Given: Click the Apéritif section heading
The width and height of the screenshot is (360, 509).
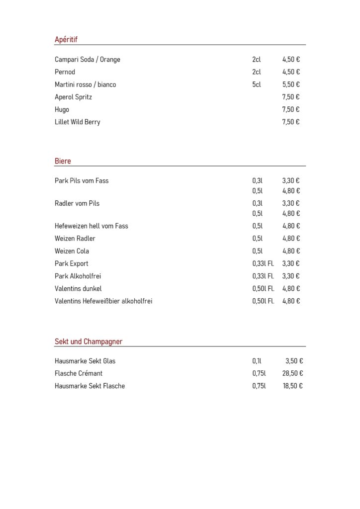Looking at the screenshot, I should click(66, 40).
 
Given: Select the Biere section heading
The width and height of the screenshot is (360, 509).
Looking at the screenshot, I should click(63, 161).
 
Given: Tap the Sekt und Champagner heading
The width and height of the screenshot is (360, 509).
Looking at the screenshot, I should click(89, 341).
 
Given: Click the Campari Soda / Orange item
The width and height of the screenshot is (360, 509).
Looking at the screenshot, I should click(88, 60).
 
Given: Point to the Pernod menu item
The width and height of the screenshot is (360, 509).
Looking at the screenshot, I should click(65, 72).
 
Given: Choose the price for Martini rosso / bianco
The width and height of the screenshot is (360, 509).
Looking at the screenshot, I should click(291, 85).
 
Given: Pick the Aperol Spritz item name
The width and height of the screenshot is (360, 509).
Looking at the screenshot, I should click(73, 97).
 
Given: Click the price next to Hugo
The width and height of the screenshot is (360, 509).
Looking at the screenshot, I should click(291, 109).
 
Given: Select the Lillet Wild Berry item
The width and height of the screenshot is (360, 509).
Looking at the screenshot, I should click(78, 122).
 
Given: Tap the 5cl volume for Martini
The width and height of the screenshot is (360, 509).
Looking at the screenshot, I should click(257, 85).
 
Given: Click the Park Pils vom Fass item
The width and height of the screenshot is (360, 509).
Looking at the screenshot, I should click(82, 181).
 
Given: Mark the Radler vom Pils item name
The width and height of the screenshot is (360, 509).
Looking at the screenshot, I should click(77, 203).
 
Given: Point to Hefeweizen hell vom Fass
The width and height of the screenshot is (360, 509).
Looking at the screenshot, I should click(91, 226).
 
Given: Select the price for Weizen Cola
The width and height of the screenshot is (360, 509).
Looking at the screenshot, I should click(291, 251).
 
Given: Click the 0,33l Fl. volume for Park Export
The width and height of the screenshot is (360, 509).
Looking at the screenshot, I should click(263, 263).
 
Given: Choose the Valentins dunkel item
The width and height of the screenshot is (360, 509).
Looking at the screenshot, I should click(78, 288).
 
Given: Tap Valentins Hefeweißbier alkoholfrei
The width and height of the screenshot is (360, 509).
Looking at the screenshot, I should click(103, 301).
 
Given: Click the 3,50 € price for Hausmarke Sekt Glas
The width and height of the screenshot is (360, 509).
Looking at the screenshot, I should click(294, 361).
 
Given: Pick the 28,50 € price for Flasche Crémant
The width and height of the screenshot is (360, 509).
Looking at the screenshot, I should click(293, 373).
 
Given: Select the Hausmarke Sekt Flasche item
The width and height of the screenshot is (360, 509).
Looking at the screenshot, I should click(90, 386).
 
